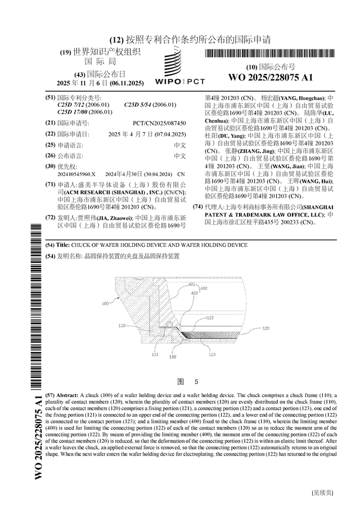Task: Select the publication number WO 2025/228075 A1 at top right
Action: [268, 78]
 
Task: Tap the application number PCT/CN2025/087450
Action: [159, 122]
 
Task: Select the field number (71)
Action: [50, 184]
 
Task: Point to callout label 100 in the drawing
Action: [105, 303]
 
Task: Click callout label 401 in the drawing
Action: [191, 285]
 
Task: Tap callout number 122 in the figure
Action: [210, 318]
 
